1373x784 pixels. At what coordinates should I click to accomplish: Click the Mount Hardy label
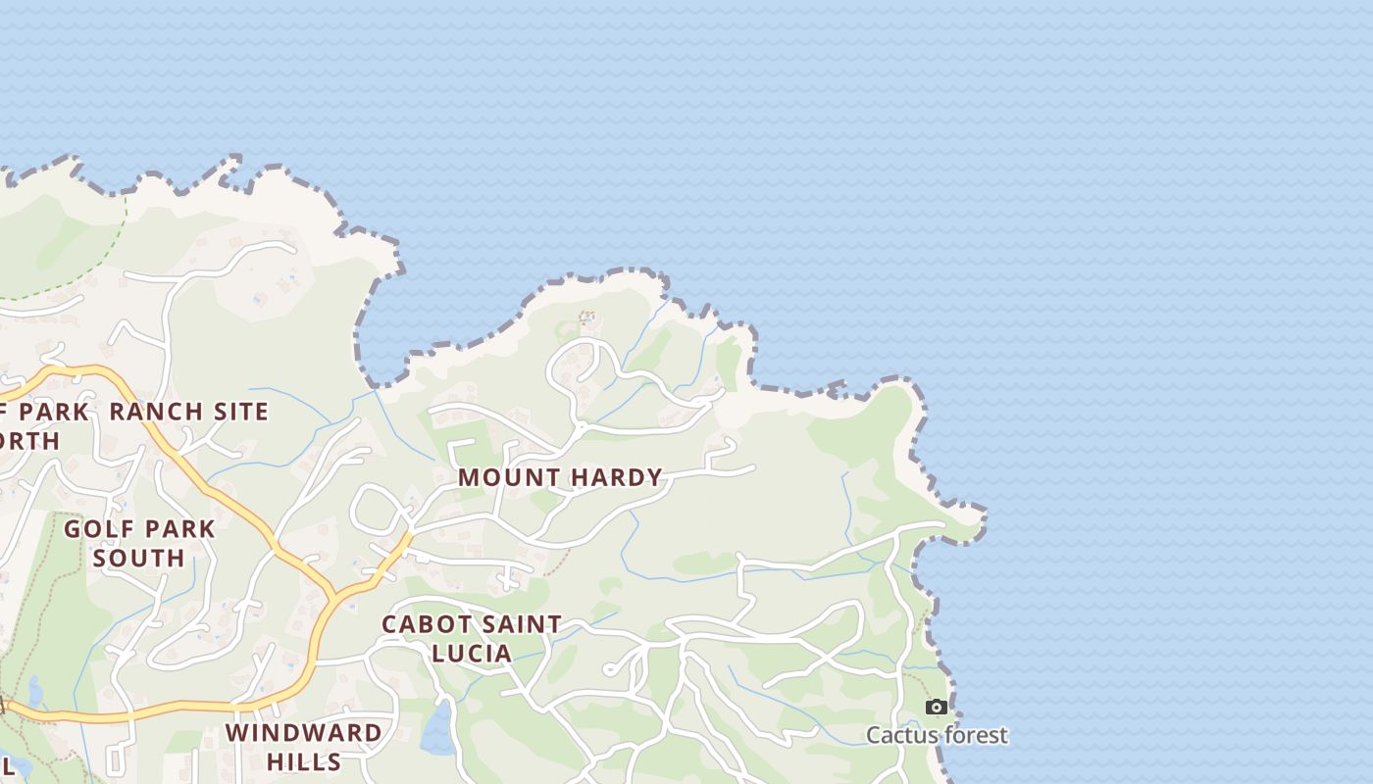pyautogui.click(x=561, y=478)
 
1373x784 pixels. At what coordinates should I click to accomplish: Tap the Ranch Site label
pyautogui.click(x=188, y=412)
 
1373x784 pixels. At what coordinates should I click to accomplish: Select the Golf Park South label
pyautogui.click(x=139, y=543)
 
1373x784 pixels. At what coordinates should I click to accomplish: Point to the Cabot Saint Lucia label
pyautogui.click(x=472, y=638)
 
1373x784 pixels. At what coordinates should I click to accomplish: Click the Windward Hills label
pyautogui.click(x=304, y=747)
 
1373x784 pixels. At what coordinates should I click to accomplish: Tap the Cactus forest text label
pyautogui.click(x=937, y=735)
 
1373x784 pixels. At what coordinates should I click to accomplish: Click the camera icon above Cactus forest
pyautogui.click(x=937, y=707)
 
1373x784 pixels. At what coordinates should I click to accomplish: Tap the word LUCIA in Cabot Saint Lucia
pyautogui.click(x=472, y=654)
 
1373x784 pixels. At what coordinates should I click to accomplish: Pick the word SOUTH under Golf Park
pyautogui.click(x=139, y=558)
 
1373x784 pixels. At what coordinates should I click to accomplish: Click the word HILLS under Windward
pyautogui.click(x=304, y=761)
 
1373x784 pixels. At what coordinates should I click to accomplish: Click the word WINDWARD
pyautogui.click(x=304, y=733)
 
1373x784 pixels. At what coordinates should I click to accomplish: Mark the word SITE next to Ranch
pyautogui.click(x=237, y=412)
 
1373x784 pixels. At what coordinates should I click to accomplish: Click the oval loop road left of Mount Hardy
pyautogui.click(x=378, y=508)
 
